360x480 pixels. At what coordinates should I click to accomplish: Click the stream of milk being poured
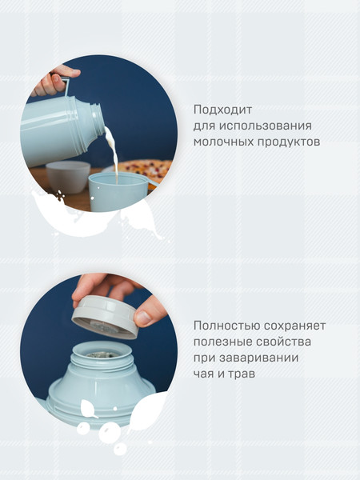pos(113,156)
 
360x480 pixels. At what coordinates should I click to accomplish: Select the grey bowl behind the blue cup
pos(67,175)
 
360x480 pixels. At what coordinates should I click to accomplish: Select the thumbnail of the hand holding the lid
pos(142,318)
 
